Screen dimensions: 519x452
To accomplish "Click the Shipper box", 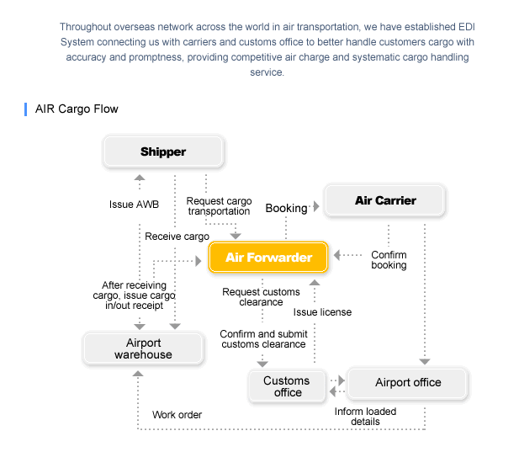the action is pos(163,152).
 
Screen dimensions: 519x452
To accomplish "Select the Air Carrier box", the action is pos(384,200).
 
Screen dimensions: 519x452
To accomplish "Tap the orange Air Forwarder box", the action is pos(268,258).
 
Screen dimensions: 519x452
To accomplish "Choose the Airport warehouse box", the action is pos(143,348).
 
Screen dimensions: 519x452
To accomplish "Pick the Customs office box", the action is pos(287,386).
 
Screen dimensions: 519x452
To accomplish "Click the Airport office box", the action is pos(408,382).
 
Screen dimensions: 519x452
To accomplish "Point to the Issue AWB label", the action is pos(134,205).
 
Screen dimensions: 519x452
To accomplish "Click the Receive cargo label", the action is pos(177,237).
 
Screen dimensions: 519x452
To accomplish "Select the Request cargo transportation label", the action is pos(219,206).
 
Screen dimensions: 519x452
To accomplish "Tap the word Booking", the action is pos(286,208).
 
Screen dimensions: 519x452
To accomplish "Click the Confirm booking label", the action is pos(389,260).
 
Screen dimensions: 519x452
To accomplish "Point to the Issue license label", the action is pos(322,312).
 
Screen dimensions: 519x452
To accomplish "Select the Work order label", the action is pos(177,415).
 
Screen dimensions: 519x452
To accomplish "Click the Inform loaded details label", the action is pos(365,417).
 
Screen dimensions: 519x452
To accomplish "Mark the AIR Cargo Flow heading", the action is pos(77,109).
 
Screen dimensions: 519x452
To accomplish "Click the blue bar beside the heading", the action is pos(25,109).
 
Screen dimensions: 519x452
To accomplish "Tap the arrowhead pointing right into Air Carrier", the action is pos(316,206).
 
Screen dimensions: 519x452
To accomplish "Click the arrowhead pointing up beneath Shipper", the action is pos(140,178).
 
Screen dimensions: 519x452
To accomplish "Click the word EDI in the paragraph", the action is pos(467,27).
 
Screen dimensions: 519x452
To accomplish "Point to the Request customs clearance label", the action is pos(261,297).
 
